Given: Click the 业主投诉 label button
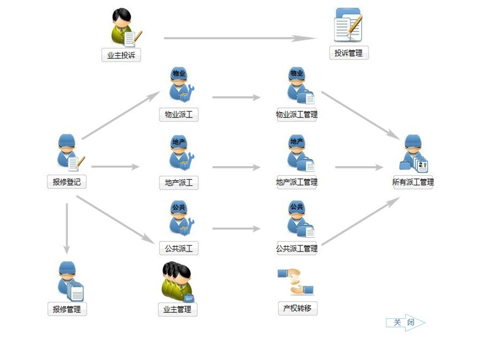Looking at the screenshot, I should click(x=121, y=55).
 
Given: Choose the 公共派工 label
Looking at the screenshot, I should click(x=179, y=248).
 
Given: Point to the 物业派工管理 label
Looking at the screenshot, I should click(x=297, y=114).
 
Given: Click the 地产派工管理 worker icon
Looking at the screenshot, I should click(x=298, y=153).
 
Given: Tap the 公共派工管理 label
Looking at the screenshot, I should click(x=297, y=248).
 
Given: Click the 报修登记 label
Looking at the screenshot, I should click(x=67, y=182).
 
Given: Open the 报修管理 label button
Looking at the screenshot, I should click(x=67, y=309).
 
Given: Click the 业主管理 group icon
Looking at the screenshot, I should click(x=177, y=282).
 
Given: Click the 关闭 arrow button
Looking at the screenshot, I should click(x=406, y=322).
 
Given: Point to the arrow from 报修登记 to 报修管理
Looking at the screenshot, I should click(x=67, y=227).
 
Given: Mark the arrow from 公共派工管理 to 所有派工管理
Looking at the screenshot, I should click(x=360, y=221).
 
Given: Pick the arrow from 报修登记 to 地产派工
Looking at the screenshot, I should click(x=114, y=167).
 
